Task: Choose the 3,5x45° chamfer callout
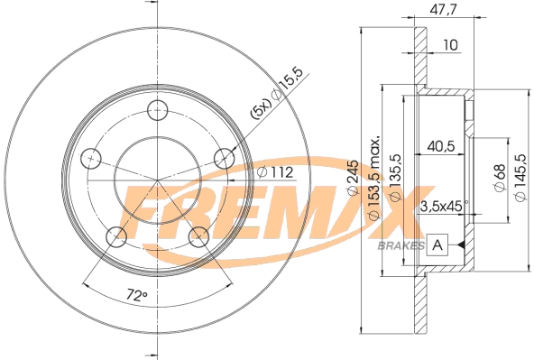click(x=442, y=207)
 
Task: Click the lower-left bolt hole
click(x=116, y=237)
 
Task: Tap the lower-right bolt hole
click(x=199, y=237)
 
